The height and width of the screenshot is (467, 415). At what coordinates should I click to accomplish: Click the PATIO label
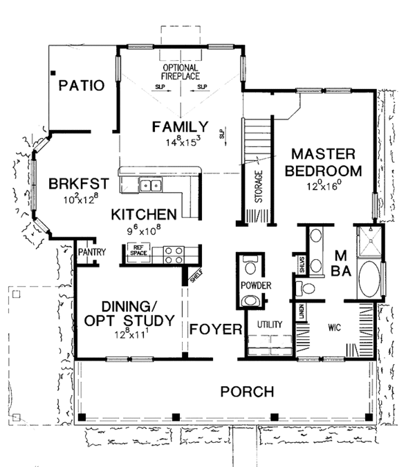[x=81, y=86]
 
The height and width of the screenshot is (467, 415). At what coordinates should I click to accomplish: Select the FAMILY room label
[x=181, y=126]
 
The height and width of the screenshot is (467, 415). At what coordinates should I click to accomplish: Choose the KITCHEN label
[x=146, y=214]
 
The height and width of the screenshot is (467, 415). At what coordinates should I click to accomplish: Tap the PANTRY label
[x=91, y=252]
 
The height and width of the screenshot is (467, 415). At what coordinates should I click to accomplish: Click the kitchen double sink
[x=150, y=185]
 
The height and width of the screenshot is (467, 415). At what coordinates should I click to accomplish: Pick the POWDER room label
[x=255, y=285]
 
